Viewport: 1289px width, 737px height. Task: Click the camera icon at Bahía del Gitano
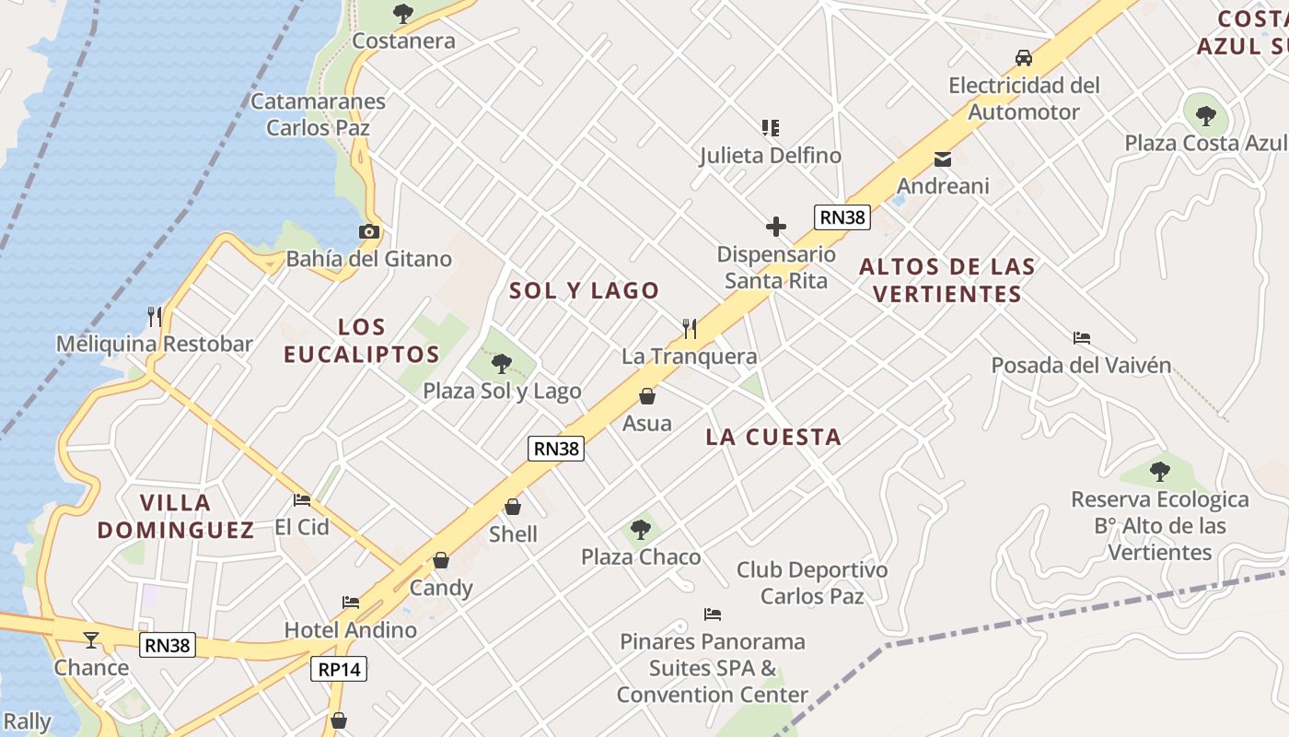(369, 231)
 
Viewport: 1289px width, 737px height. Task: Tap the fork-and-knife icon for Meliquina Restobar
(155, 316)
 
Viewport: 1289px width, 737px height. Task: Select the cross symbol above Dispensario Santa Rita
(776, 226)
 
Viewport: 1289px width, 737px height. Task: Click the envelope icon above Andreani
(943, 158)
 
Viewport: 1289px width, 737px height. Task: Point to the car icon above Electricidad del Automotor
(1023, 58)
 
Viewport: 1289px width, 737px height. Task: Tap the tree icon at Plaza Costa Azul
(1205, 116)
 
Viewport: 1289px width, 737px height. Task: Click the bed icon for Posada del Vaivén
(1082, 338)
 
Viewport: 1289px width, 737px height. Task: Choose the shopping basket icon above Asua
(647, 396)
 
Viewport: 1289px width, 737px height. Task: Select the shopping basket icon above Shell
(513, 507)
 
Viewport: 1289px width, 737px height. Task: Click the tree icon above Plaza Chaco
(641, 530)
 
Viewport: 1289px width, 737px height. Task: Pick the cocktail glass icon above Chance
(91, 639)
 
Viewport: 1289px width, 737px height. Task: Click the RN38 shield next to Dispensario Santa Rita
(842, 217)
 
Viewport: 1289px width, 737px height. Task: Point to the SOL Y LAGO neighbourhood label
(585, 290)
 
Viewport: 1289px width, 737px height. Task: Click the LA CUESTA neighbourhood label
(773, 437)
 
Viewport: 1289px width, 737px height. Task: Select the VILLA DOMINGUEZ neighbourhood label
(176, 516)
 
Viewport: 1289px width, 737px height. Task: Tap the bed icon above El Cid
(301, 500)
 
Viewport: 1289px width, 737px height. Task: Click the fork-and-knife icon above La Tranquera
(689, 328)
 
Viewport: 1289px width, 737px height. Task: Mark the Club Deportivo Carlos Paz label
(812, 583)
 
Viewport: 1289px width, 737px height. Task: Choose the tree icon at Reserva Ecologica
(1159, 472)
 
